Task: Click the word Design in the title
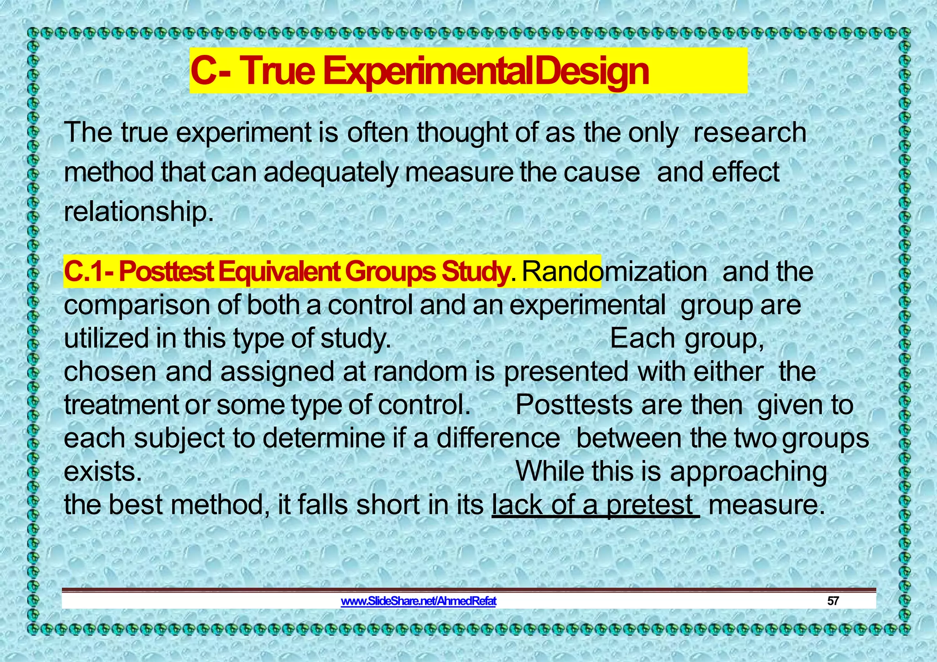pyautogui.click(x=592, y=71)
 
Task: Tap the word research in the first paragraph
pyautogui.click(x=749, y=133)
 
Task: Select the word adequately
pyautogui.click(x=331, y=173)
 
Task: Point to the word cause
pyautogui.click(x=601, y=173)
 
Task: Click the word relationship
pyautogui.click(x=139, y=212)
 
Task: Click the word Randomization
pyautogui.click(x=614, y=272)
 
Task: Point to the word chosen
pyautogui.click(x=110, y=372)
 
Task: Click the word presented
pyautogui.click(x=566, y=372)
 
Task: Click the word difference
pyautogui.click(x=498, y=438)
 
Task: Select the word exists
pyautogui.click(x=103, y=471)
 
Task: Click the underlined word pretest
pyautogui.click(x=650, y=505)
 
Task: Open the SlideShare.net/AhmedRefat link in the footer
pyautogui.click(x=419, y=601)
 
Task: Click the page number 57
pyautogui.click(x=833, y=601)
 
